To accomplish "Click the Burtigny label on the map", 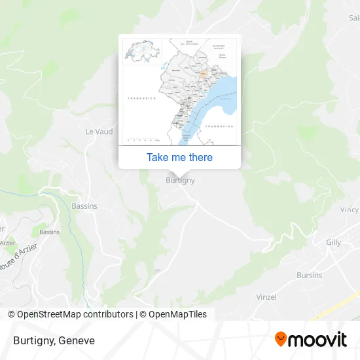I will click(180, 180).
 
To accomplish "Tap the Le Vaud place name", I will click(99, 132).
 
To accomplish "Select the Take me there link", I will click(179, 157).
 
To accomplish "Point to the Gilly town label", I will click(333, 242).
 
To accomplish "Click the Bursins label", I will click(309, 276).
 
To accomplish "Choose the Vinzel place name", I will click(266, 297).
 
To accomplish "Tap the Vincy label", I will click(349, 210).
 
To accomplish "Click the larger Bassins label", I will click(84, 206).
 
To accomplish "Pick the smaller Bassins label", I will click(48, 232).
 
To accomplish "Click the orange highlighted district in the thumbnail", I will click(204, 74).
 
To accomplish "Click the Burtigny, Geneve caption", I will click(54, 340).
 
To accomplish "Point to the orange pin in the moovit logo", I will click(281, 339).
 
